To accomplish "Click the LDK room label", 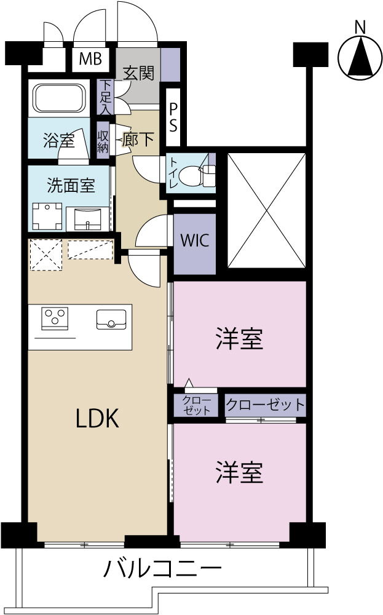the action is pos(97,418).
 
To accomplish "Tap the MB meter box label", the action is pos(90,59).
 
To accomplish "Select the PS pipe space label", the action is pos(173,117).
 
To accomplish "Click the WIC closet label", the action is pos(195,240).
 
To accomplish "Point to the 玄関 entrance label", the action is pos(138,73).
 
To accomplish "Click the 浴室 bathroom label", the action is pos(59,140).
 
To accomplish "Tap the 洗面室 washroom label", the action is pos(71,185).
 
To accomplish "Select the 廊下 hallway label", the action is pos(138,139).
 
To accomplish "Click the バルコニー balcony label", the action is pos(162,568).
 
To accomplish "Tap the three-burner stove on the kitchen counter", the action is pos(55,317).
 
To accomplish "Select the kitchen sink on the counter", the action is pos(111,319).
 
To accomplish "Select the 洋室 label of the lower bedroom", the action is pos(239,472).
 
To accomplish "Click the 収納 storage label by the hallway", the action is pos(103,140).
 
